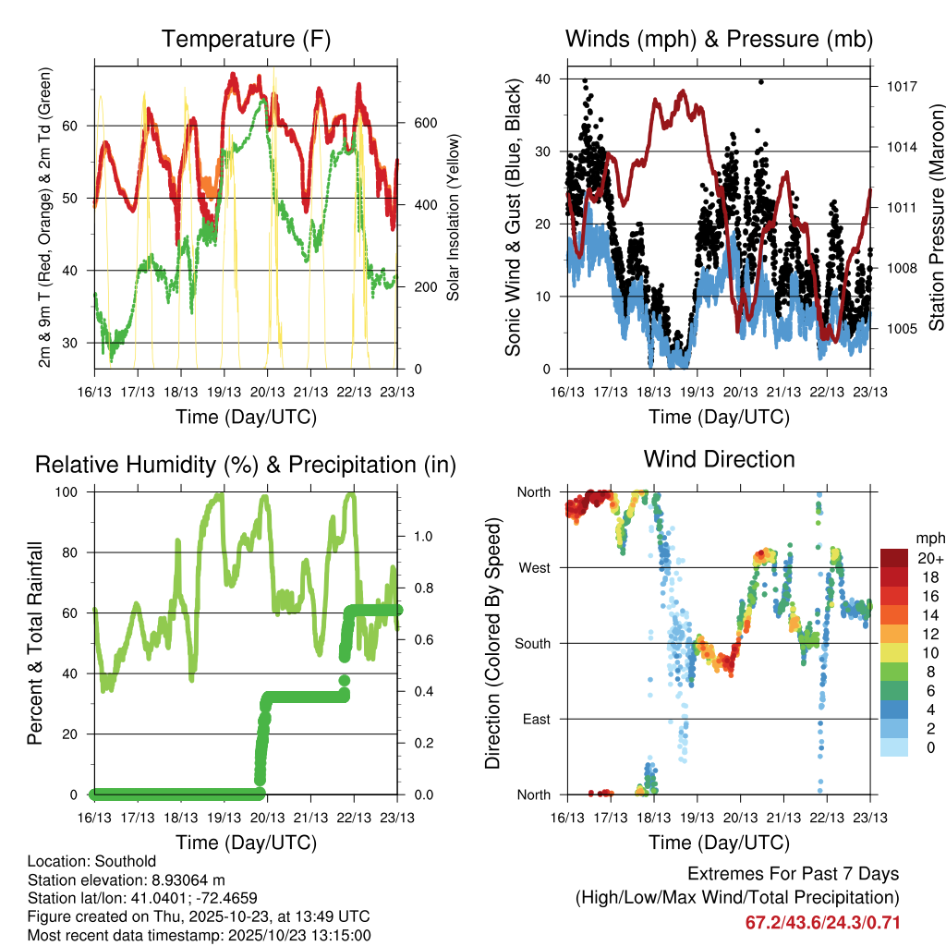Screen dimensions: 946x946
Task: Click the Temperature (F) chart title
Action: pos(246,40)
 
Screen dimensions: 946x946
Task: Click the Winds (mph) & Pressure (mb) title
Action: pos(719,40)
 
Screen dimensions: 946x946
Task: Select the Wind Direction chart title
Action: pos(719,459)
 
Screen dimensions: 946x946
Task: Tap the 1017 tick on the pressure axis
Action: pos(902,87)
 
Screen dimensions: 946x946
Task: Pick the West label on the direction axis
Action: pos(535,568)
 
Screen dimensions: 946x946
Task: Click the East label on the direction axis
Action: pos(537,719)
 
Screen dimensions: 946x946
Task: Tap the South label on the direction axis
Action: pos(534,643)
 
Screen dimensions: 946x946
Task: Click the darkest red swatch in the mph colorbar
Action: pos(895,557)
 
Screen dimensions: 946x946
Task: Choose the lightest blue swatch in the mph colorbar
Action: pos(895,747)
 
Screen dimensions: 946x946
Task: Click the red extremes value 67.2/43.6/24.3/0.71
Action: pos(822,923)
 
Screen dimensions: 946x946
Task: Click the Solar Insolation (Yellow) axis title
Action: pos(454,218)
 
